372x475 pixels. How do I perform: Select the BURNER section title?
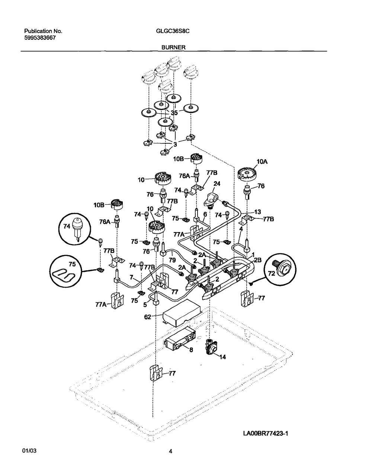tap(173, 48)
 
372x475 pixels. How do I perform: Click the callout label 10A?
tap(262, 162)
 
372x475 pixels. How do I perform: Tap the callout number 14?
tap(222, 357)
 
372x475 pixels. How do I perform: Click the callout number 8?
tap(191, 349)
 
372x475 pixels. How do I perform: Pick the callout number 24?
tap(217, 183)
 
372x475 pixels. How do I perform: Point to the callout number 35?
tap(174, 113)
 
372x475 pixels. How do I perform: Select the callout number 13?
tap(257, 212)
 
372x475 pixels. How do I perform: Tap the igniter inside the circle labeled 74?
tap(77, 227)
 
